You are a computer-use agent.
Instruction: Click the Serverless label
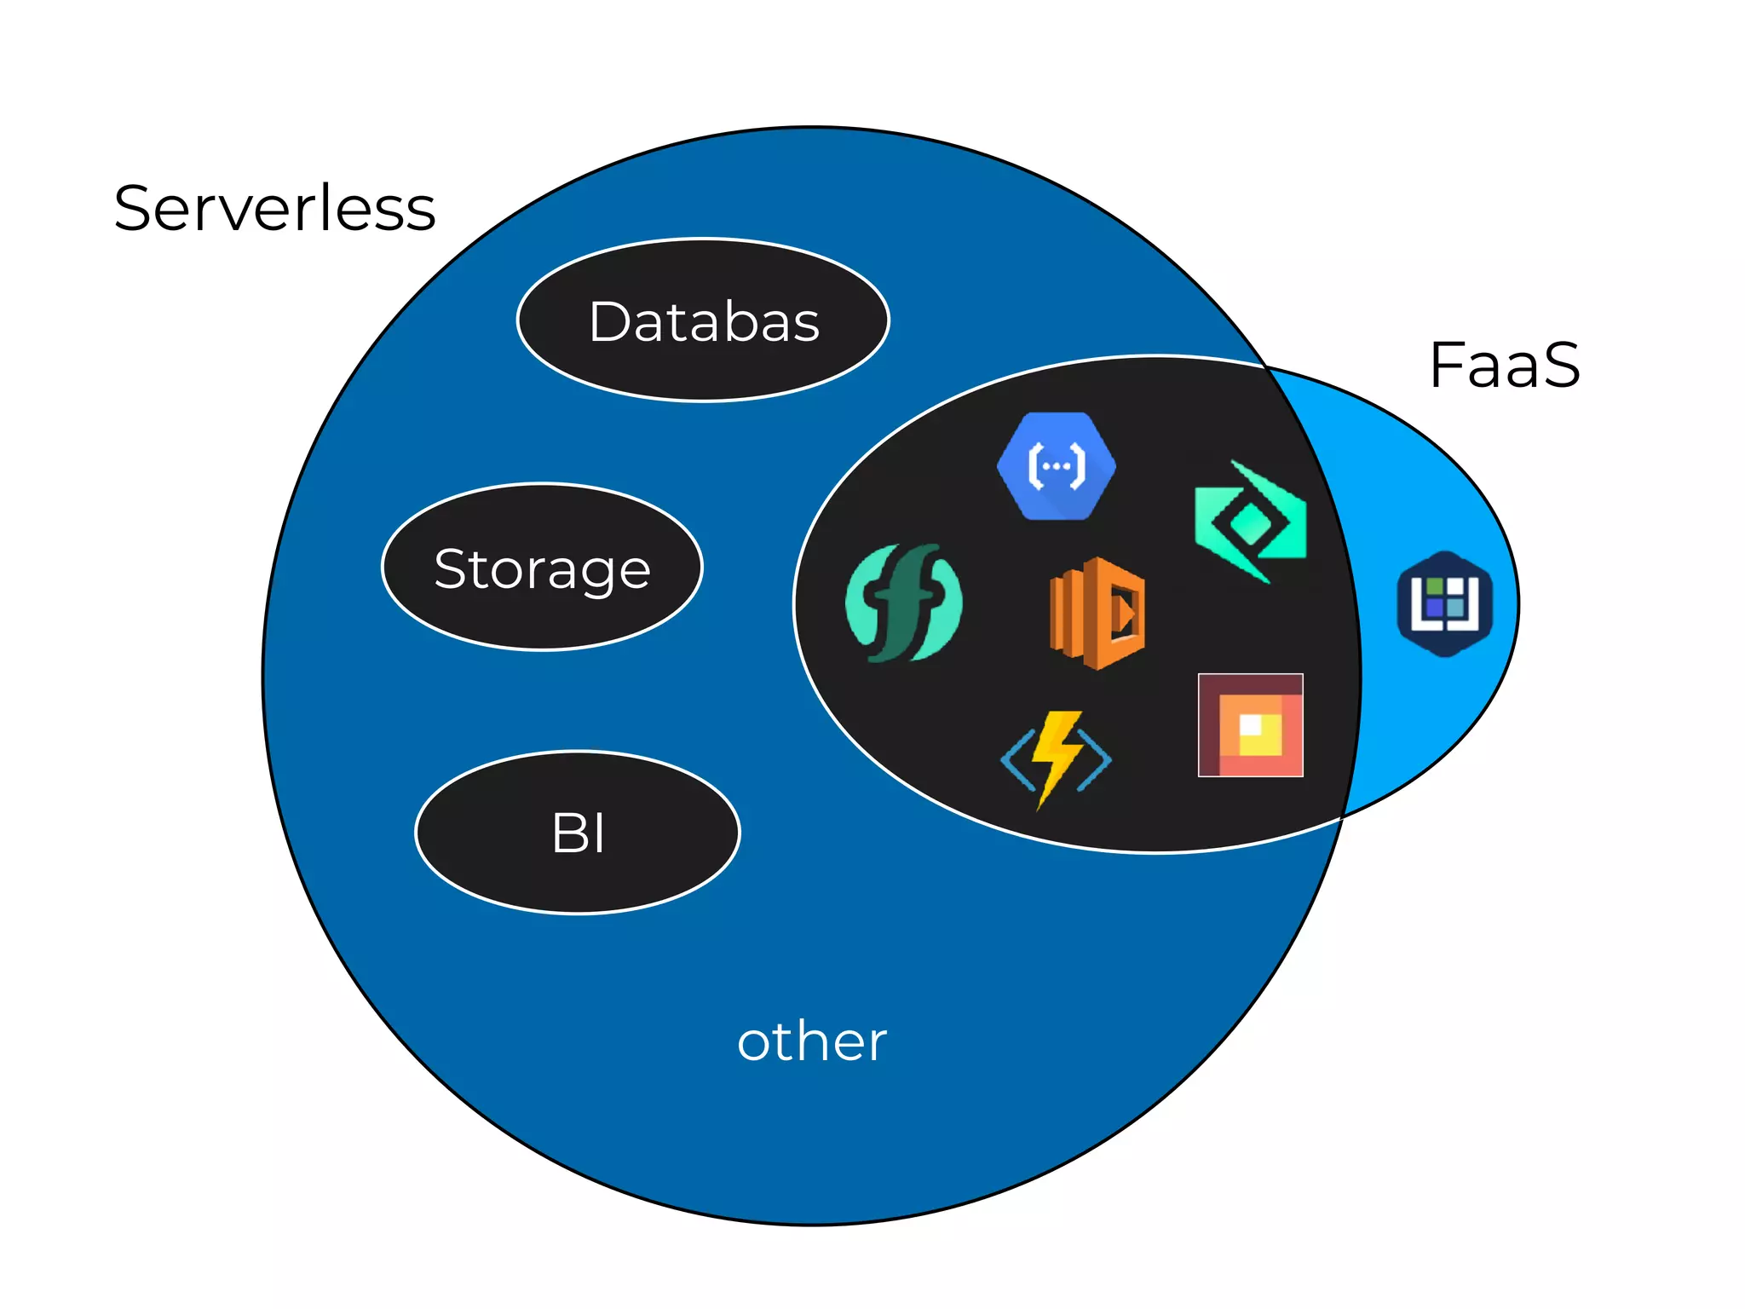(274, 209)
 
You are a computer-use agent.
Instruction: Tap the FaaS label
(1505, 366)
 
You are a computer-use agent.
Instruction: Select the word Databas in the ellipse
(704, 322)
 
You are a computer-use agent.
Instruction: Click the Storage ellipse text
(542, 569)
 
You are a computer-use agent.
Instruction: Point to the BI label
(578, 833)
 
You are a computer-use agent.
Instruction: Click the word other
(811, 1041)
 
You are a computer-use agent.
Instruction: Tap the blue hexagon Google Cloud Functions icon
(1057, 466)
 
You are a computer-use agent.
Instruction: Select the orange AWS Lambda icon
(1097, 613)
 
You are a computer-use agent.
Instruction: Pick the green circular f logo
(903, 603)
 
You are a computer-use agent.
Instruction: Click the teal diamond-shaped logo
(1250, 522)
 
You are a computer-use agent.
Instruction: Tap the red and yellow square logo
(1250, 725)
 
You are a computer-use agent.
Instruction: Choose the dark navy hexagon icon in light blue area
(1445, 603)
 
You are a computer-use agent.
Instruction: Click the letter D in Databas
(611, 322)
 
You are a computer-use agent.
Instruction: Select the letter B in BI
(568, 833)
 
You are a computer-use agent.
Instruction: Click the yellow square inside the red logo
(1259, 735)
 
